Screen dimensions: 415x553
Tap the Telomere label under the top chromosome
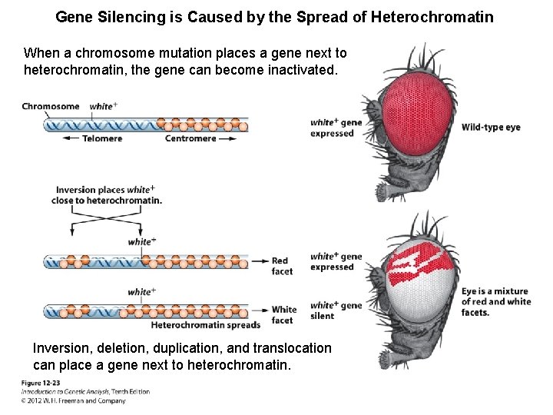pyautogui.click(x=102, y=138)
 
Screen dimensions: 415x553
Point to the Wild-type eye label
pyautogui.click(x=491, y=127)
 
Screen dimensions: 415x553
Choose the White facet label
pyautogui.click(x=284, y=315)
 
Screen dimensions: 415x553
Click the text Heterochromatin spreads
pyautogui.click(x=206, y=325)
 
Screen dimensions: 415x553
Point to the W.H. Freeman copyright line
pyautogui.click(x=73, y=400)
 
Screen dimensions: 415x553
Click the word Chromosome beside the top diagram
pyautogui.click(x=51, y=106)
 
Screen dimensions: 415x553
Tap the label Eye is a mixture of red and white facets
pyautogui.click(x=496, y=302)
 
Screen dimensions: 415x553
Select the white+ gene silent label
pyautogui.click(x=336, y=310)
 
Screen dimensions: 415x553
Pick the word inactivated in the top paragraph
pyautogui.click(x=297, y=69)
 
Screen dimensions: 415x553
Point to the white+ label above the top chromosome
pyautogui.click(x=104, y=106)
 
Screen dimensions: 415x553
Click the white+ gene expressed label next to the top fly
pyautogui.click(x=336, y=128)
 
